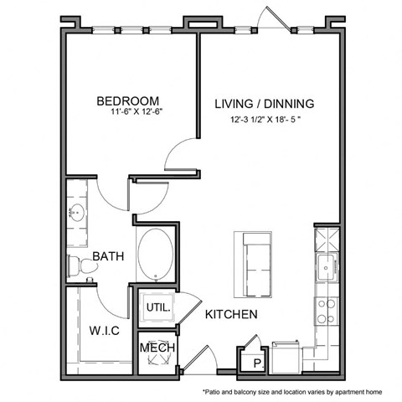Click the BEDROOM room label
129,98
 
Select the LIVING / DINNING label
264,104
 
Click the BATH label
109,256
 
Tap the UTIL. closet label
158,308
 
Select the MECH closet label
157,347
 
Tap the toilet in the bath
82,265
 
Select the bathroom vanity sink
79,210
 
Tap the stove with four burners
325,312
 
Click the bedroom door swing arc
180,157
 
